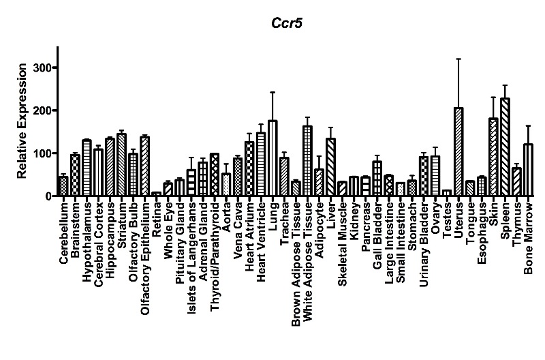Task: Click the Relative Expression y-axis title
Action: (22, 121)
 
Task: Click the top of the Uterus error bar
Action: (459, 59)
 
